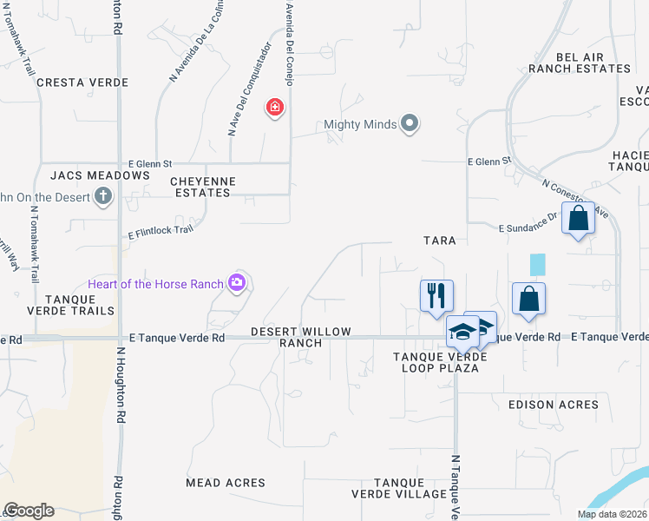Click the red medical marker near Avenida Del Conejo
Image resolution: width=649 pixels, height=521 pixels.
[275, 108]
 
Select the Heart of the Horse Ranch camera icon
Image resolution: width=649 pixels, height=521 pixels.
[236, 282]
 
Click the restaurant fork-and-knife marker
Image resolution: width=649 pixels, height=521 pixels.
[436, 295]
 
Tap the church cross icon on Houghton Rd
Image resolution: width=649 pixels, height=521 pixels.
[102, 195]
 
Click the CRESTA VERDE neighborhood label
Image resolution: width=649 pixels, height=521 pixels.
[82, 82]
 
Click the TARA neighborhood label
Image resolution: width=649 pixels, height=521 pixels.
[439, 240]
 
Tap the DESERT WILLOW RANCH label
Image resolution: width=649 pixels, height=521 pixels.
[300, 337]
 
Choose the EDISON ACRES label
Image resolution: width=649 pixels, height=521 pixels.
[554, 405]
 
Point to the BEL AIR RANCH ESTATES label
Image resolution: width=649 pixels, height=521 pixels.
[592, 63]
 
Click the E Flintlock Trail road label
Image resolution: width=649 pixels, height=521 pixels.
[161, 231]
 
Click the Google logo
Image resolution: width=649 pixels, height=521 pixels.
[29, 511]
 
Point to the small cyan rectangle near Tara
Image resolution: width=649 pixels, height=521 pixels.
[538, 265]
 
